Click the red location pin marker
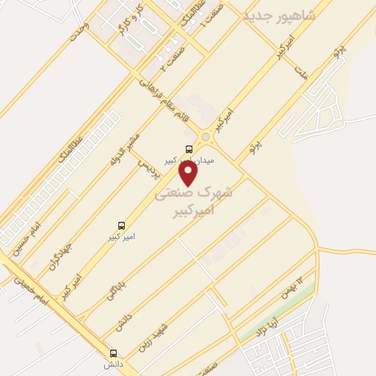(x=189, y=173)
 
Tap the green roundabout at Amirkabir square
(x=206, y=136)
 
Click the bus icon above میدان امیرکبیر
(x=190, y=149)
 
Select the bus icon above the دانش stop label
(x=113, y=352)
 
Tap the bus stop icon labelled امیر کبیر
(x=122, y=225)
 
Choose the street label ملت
(x=299, y=72)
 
